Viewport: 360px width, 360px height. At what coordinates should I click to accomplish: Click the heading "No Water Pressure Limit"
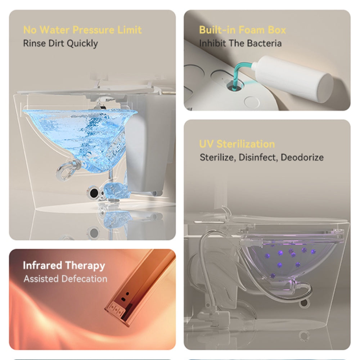click(x=82, y=30)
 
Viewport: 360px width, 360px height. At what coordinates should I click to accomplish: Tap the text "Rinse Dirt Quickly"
click(x=60, y=44)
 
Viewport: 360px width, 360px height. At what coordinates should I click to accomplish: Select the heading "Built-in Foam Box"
click(x=242, y=30)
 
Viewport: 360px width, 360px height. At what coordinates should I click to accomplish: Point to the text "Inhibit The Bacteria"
click(x=240, y=43)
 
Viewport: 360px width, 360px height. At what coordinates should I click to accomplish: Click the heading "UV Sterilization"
click(x=237, y=144)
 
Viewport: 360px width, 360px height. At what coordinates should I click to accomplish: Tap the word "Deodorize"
click(x=302, y=157)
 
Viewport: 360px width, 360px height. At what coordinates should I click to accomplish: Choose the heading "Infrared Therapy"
click(x=64, y=265)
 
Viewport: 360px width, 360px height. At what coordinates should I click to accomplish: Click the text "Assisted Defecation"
click(x=66, y=279)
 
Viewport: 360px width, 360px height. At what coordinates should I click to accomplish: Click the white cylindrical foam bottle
click(x=293, y=78)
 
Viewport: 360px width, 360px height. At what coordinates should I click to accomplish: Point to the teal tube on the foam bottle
click(x=239, y=73)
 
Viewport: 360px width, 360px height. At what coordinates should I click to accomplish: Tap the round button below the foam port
click(x=252, y=102)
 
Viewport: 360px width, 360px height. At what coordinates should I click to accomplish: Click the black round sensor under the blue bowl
click(x=93, y=193)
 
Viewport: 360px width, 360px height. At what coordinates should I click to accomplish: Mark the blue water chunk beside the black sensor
click(x=117, y=190)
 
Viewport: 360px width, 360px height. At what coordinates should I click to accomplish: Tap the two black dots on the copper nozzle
click(x=125, y=296)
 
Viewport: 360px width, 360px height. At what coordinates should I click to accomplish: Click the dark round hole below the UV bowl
click(x=304, y=303)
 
